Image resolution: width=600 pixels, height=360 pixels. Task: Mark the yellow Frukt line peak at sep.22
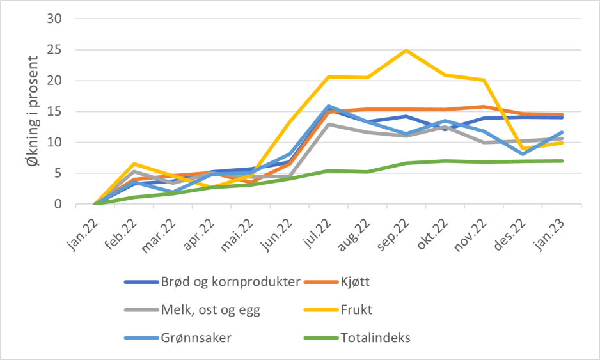pyautogui.click(x=406, y=50)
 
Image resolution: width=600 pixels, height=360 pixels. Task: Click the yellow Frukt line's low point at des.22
pyautogui.click(x=523, y=149)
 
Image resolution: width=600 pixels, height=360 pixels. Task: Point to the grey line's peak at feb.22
pyautogui.click(x=134, y=171)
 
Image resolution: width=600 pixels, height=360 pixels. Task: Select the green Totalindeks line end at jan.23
pyautogui.click(x=562, y=160)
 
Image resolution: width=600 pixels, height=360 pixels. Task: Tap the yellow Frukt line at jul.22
pyautogui.click(x=328, y=77)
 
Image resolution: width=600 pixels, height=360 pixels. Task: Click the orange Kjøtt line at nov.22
pyautogui.click(x=484, y=107)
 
